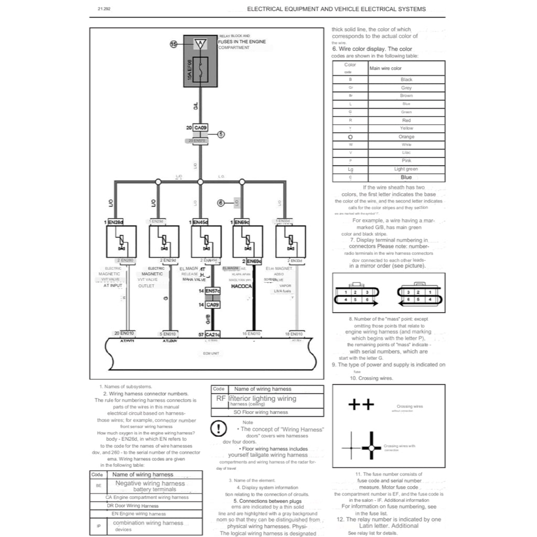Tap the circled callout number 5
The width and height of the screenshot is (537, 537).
221,134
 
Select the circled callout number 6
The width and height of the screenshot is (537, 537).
221,202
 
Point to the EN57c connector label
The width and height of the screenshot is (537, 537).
213,291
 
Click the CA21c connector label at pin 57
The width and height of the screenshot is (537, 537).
213,334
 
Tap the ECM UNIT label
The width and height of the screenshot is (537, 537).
211,353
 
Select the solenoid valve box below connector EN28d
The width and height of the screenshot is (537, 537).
121,241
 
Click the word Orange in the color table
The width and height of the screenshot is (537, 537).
406,137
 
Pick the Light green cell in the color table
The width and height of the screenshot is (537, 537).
406,169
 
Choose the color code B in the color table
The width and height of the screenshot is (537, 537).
350,80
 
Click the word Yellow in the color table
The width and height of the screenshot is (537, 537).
406,128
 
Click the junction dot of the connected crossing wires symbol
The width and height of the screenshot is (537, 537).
371,448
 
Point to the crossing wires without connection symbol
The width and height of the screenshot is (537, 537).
361,404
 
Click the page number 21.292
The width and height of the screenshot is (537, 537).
104,9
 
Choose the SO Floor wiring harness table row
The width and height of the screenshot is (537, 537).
267,413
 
